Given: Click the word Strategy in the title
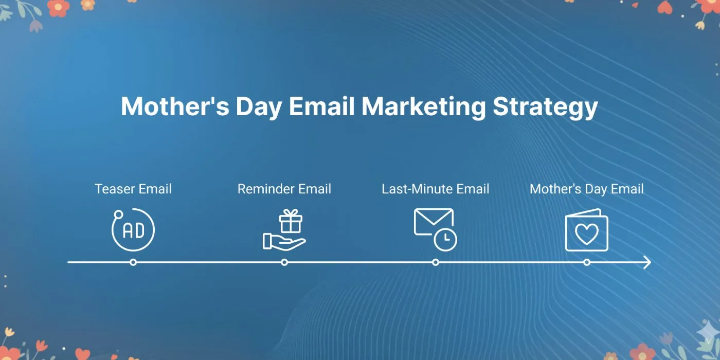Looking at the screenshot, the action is [545, 107].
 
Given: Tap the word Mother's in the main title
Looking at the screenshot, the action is [175, 106].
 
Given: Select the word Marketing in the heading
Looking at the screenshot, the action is [424, 107].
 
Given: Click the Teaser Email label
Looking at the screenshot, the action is [133, 189].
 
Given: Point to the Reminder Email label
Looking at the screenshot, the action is [284, 189].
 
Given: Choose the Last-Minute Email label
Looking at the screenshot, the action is [436, 189].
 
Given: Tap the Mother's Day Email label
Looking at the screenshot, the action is [587, 189].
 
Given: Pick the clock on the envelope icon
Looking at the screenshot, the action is [445, 240].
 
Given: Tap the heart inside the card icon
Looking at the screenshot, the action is [587, 234].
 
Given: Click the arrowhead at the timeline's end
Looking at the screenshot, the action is [647, 262].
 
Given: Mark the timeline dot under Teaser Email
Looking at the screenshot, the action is [133, 262].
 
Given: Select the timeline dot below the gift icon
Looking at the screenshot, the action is [284, 262].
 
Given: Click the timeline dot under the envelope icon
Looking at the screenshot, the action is [436, 262].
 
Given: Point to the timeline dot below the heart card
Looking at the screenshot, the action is [587, 262].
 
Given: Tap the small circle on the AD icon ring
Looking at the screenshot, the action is [118, 214].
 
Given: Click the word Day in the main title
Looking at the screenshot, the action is [259, 107].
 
